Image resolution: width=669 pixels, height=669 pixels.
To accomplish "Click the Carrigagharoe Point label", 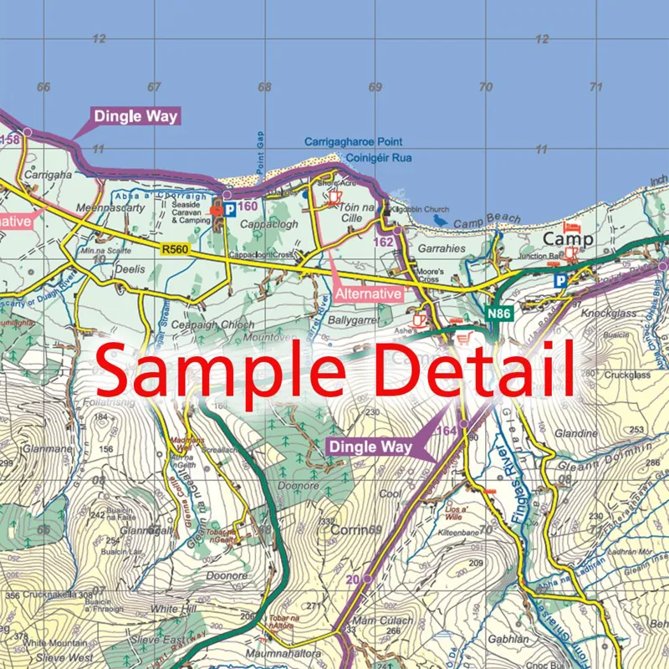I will coord(353,142).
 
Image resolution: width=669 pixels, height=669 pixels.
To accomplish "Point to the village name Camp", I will coord(568,239).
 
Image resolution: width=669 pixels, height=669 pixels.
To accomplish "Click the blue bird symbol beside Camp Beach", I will coord(440,221).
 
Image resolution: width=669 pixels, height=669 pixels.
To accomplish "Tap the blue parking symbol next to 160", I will coord(228,208).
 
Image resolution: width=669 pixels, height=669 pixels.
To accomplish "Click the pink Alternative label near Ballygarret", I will coord(368,294).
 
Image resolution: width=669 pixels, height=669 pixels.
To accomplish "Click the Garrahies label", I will coord(441,249).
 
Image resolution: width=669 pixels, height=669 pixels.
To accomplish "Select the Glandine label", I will coord(575,434).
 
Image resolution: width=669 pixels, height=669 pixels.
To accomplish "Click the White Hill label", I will coord(173,610).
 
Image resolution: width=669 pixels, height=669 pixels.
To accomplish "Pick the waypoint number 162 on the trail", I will coord(383,241).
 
